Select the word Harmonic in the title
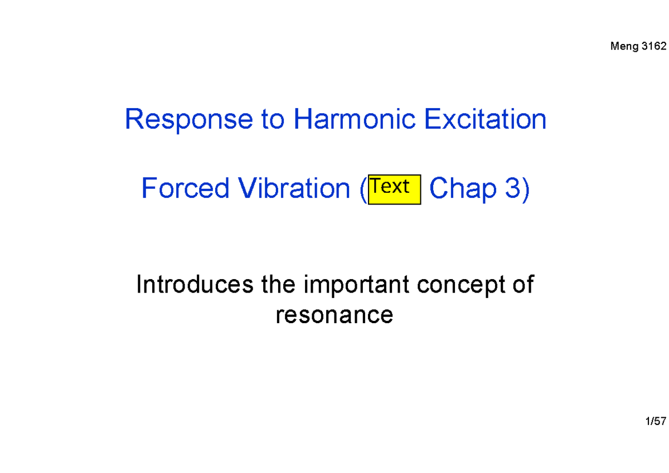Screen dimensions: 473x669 355,120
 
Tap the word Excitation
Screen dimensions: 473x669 485,120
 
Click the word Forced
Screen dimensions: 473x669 185,189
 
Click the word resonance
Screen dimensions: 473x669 334,315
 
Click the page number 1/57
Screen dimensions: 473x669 656,422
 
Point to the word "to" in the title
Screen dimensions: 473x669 272,120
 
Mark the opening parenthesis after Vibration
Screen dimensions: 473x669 363,189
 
